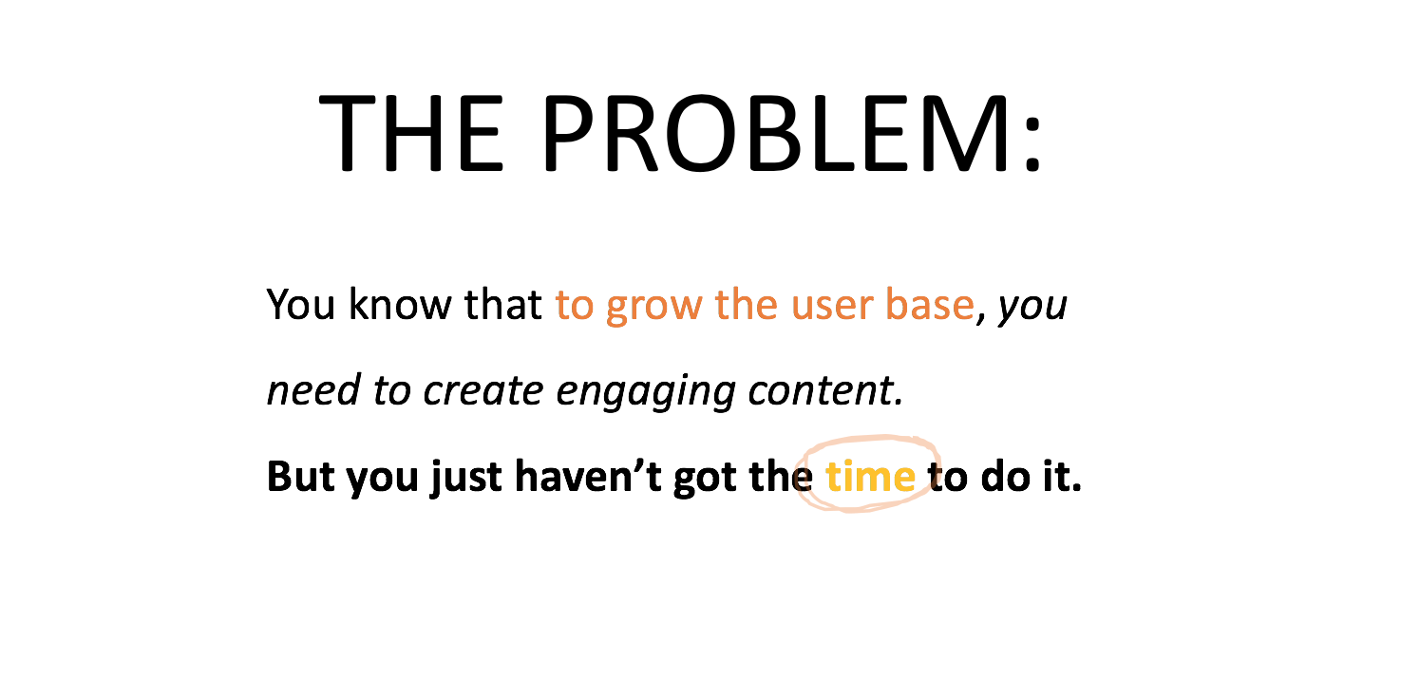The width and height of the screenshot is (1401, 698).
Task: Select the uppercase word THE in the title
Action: click(x=411, y=133)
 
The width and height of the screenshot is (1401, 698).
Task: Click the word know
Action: click(x=400, y=304)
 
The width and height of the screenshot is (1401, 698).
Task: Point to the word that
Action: click(x=502, y=304)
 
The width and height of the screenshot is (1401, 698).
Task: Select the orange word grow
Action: click(x=654, y=308)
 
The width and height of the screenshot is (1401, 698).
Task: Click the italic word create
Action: click(x=483, y=390)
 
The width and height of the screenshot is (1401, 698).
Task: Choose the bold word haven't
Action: click(x=588, y=477)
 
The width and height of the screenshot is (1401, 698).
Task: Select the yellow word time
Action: click(x=871, y=477)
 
